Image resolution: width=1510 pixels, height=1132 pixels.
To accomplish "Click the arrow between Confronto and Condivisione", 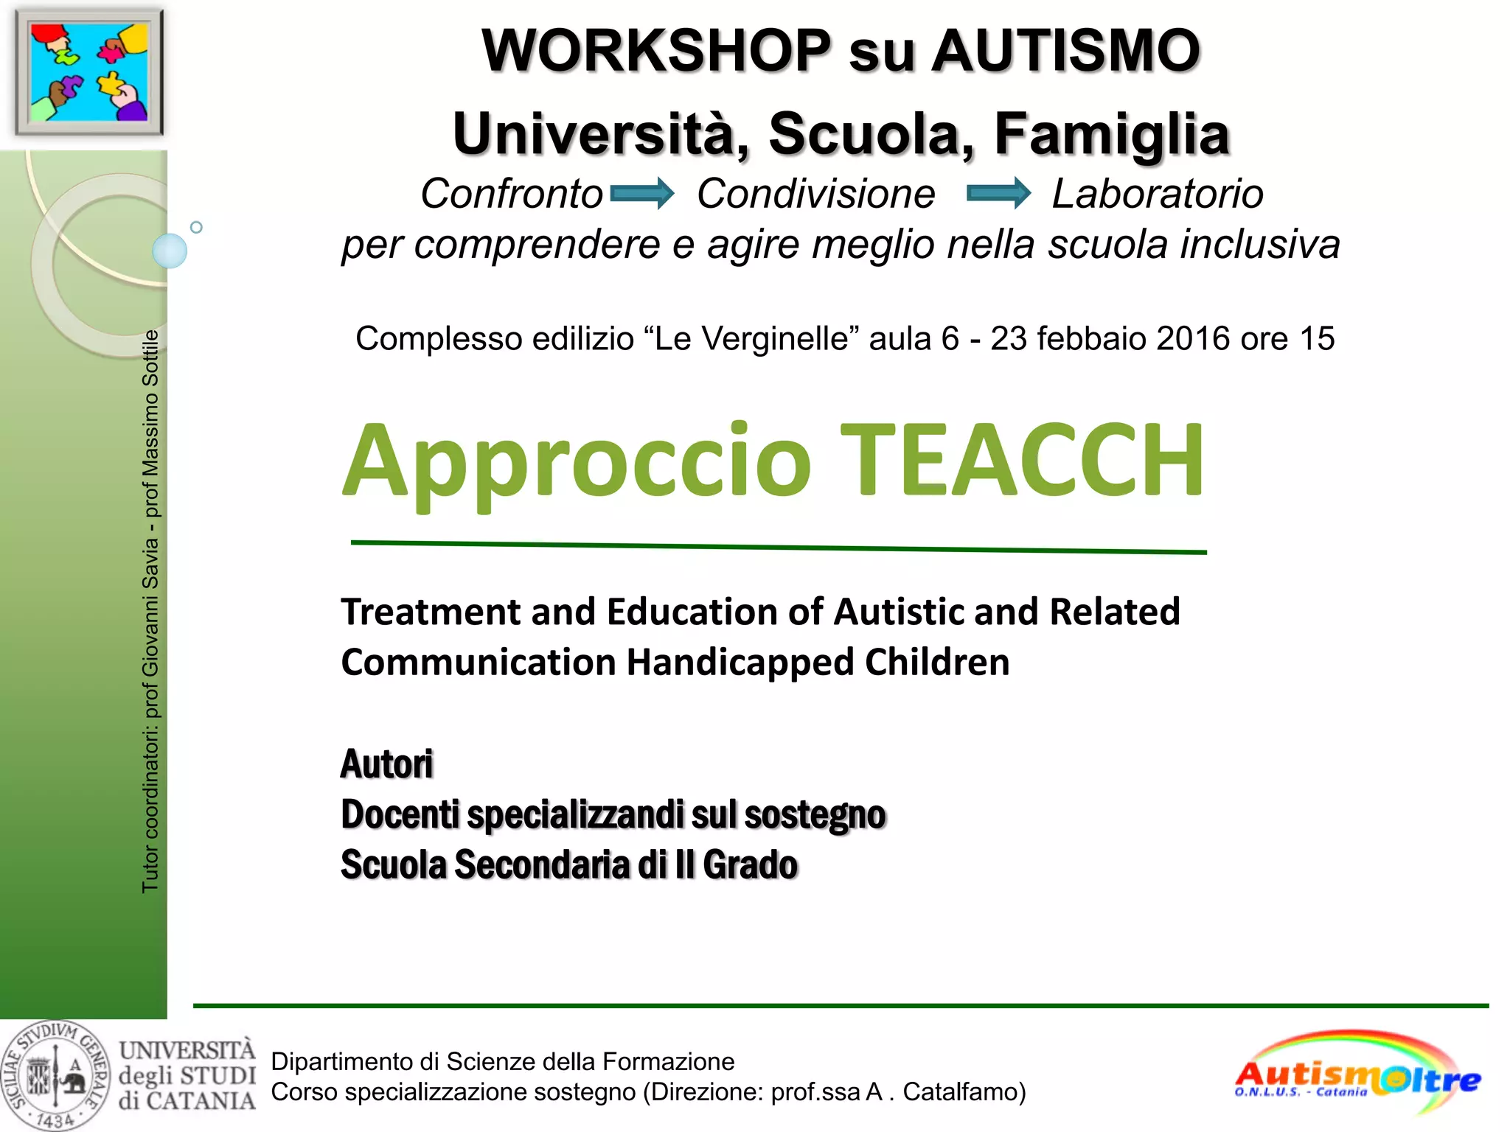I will coord(641,193).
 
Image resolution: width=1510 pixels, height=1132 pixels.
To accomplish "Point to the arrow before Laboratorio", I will coord(998,193).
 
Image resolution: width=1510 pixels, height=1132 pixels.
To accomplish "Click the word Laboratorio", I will coord(1157,194).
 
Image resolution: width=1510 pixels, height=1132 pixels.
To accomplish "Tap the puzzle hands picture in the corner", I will coord(88,71).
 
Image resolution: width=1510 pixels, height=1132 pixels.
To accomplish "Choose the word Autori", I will coord(387,764).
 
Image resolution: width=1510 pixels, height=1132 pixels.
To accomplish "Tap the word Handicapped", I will coord(740,662).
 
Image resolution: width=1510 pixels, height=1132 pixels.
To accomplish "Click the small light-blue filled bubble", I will coord(170,251).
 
